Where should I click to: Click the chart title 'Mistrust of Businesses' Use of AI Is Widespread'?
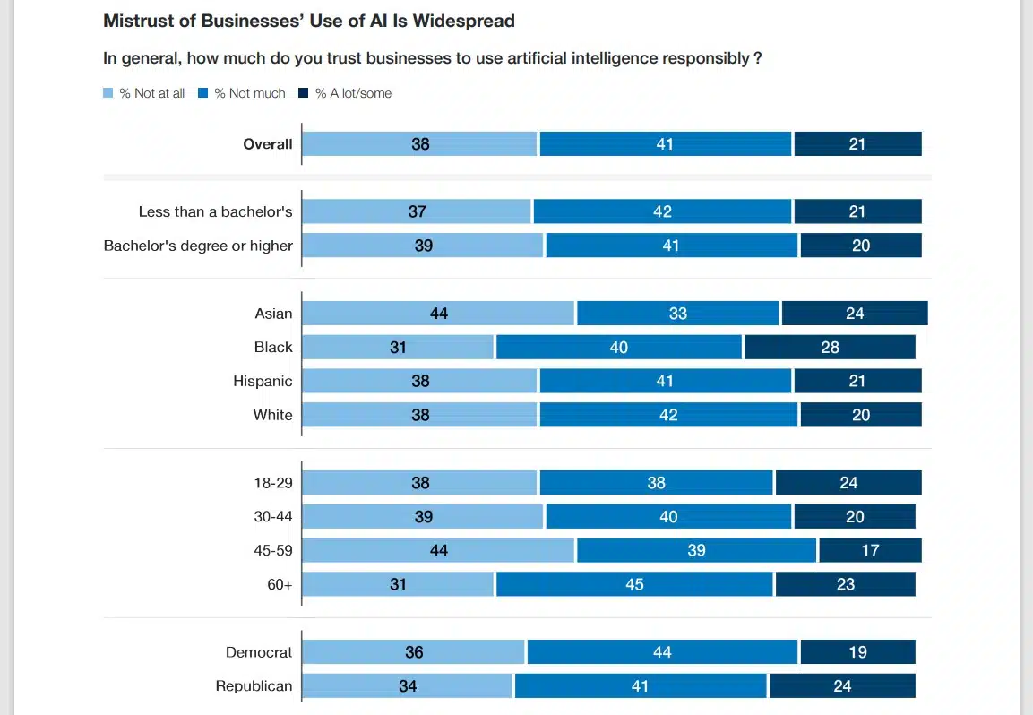(x=309, y=20)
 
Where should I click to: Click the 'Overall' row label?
(x=268, y=144)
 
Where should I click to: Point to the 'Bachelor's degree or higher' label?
(x=198, y=246)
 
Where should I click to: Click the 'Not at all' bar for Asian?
(x=438, y=314)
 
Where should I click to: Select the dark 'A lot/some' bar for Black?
(x=830, y=348)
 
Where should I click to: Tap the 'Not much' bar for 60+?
(x=634, y=584)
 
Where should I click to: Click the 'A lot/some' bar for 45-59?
(x=870, y=550)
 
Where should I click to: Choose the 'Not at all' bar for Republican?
(x=408, y=686)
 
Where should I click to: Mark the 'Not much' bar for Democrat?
(x=662, y=652)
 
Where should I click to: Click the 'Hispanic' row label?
(x=263, y=382)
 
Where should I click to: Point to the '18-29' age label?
(x=273, y=483)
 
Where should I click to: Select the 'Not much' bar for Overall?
(x=665, y=144)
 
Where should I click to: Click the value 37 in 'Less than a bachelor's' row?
(x=417, y=212)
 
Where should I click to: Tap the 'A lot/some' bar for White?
(x=860, y=415)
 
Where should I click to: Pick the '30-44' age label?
(x=273, y=517)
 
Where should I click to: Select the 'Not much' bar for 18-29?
(x=657, y=483)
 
